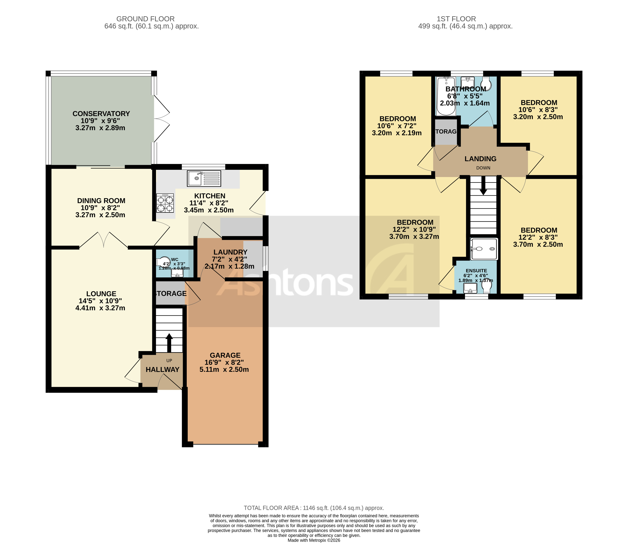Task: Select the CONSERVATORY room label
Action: coord(101,114)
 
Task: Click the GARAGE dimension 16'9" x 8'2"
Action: coord(224,362)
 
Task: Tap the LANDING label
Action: coord(480,159)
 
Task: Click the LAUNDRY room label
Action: coord(230,252)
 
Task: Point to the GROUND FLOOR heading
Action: coord(145,19)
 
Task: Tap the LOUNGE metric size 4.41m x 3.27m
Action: coord(100,308)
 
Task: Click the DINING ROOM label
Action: coord(101,201)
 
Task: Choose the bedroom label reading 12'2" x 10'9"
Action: coord(414,229)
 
